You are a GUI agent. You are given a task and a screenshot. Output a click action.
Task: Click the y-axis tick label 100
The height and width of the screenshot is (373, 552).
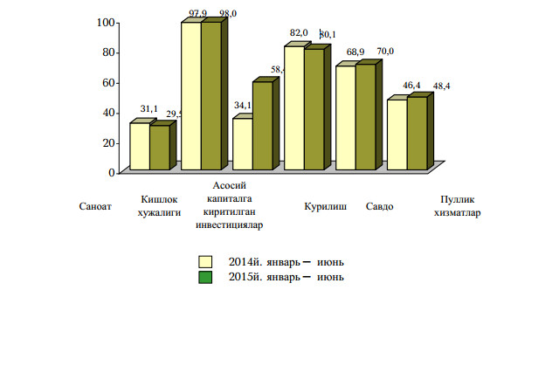[x=106, y=22]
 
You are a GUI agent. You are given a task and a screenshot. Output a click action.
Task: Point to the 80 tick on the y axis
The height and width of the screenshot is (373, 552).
[x=108, y=52]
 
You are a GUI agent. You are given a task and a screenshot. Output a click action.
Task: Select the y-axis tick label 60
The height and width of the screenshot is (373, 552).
[x=108, y=82]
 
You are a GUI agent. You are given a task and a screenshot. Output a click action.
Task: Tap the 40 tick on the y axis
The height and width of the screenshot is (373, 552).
[x=108, y=113]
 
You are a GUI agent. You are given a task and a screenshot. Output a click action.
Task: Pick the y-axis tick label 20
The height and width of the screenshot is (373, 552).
[x=108, y=142]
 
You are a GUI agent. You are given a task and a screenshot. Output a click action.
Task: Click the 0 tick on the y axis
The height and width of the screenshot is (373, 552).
[x=111, y=172]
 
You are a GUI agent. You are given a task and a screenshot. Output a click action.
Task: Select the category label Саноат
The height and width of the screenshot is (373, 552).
[x=95, y=207]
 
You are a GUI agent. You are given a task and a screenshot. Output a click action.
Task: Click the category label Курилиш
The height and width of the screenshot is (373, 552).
[x=326, y=207]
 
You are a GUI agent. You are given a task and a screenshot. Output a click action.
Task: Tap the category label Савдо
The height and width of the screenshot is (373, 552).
[x=379, y=207]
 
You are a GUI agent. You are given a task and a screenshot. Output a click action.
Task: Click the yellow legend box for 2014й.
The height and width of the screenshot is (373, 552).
[x=206, y=261]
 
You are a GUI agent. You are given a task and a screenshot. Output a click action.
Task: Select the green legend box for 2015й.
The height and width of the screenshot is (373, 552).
[x=206, y=277]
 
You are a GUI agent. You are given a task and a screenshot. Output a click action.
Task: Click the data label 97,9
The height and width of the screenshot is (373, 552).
[x=197, y=13]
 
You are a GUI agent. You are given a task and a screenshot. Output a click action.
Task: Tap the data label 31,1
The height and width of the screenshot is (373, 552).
[x=148, y=109]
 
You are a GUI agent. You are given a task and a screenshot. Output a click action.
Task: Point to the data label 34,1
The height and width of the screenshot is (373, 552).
[x=243, y=106]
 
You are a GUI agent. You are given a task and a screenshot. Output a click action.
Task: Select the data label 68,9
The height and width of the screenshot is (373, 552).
[x=355, y=53]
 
